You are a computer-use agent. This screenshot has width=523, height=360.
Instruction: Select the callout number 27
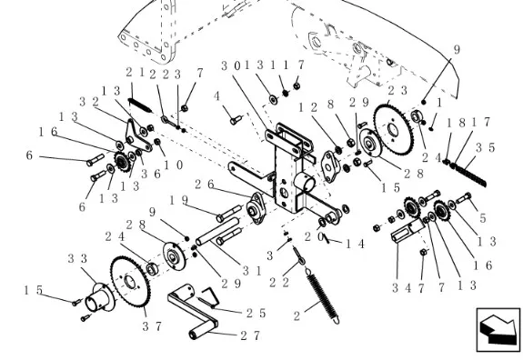[x=249, y=335]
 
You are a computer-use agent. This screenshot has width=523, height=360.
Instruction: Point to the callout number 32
[x=88, y=102]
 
